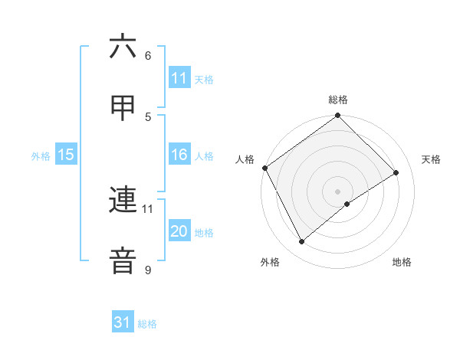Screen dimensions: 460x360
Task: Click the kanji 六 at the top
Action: [123, 47]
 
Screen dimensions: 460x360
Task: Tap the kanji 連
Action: [123, 201]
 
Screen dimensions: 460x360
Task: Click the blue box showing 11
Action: [179, 78]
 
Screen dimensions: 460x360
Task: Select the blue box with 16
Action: [179, 155]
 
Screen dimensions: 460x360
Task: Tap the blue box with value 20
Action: [179, 232]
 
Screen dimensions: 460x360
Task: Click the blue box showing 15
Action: [66, 155]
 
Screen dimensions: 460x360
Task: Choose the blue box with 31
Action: [123, 322]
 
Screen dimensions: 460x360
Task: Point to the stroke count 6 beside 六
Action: [148, 56]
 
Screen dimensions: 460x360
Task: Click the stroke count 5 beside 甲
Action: [148, 116]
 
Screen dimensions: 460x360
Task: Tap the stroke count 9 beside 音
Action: [148, 270]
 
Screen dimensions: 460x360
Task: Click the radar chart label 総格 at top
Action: [338, 100]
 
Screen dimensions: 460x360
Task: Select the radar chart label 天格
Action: [432, 159]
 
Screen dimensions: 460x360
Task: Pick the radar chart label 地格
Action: [402, 263]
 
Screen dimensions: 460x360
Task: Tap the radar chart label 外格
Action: [270, 263]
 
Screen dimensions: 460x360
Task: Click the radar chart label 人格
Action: [245, 159]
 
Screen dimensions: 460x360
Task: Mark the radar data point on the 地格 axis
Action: [347, 204]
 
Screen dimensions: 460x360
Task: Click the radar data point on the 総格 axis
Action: [338, 116]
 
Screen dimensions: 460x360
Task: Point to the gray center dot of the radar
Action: [338, 191]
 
